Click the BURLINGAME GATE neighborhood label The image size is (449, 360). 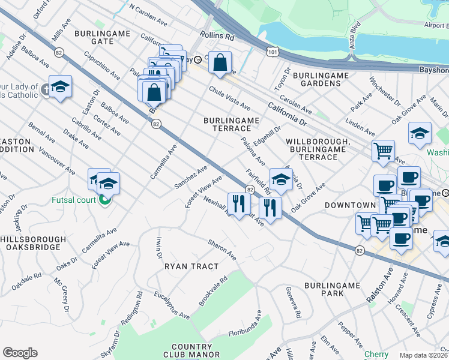click(94, 37)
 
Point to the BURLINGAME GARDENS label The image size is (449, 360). click(321, 79)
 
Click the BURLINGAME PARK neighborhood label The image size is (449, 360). click(324, 289)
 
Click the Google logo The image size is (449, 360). click(20, 353)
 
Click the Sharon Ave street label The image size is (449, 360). click(222, 250)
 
